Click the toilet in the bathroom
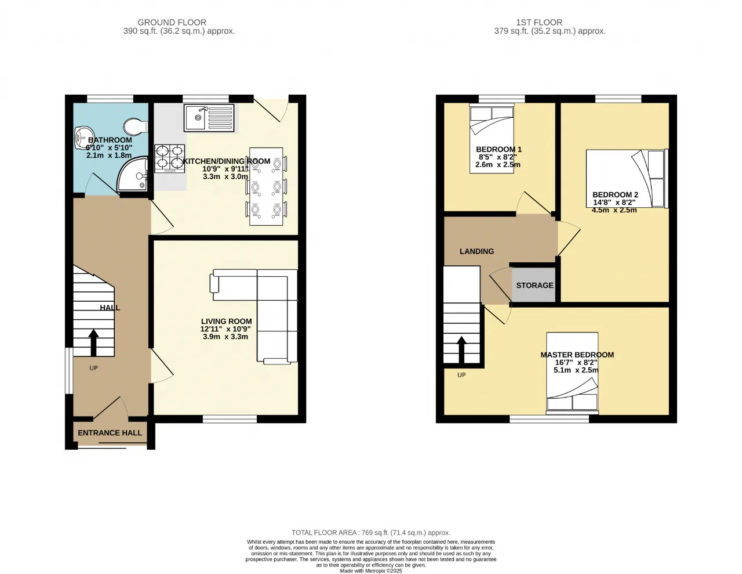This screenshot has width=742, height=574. tap(136, 127)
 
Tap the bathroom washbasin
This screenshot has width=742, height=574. tap(83, 138)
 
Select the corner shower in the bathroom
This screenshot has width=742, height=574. tap(133, 174)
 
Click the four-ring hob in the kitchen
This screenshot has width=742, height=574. tap(170, 158)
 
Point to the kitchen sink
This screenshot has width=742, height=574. tap(209, 118)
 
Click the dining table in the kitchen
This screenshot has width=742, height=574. tap(266, 186)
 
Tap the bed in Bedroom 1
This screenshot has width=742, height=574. tap(492, 139)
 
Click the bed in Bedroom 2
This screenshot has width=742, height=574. tap(627, 178)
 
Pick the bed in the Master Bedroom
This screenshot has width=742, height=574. tap(572, 373)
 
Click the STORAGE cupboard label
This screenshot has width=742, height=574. tap(534, 285)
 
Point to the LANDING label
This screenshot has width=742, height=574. tap(477, 251)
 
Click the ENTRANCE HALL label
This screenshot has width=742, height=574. tap(110, 433)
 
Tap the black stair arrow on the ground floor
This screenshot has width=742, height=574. tap(93, 342)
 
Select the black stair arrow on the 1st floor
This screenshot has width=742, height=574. tap(461, 350)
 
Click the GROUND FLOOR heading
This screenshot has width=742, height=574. tap(172, 23)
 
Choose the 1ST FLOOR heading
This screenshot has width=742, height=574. tap(539, 23)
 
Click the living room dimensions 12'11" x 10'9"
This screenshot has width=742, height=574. tap(225, 329)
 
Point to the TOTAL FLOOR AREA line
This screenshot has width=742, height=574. tap(371, 533)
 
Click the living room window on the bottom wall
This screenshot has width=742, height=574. tap(230, 419)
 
